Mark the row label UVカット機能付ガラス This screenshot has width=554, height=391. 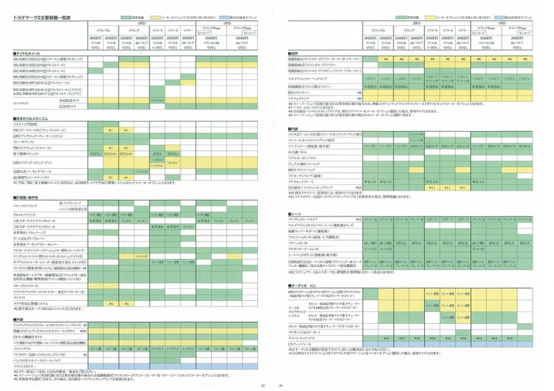[x=32, y=336]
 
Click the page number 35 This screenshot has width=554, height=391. [x=260, y=385]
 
